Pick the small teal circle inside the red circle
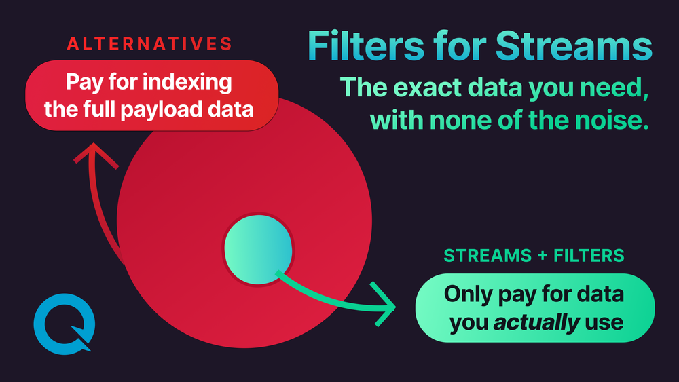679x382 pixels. [x=259, y=249]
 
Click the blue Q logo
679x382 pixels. [x=63, y=323]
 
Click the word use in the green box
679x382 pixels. [x=604, y=322]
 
